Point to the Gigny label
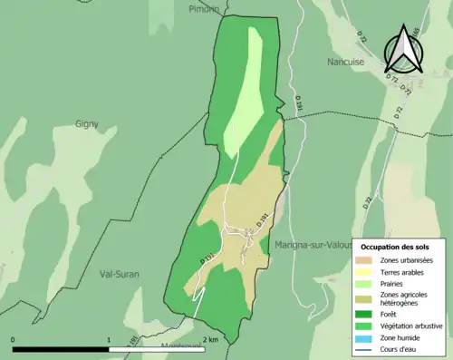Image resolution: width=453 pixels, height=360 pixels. [x=87, y=122]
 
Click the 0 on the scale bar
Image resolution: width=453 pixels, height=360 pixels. [x=14, y=340]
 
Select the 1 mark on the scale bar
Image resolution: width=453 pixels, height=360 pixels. [x=110, y=340]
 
